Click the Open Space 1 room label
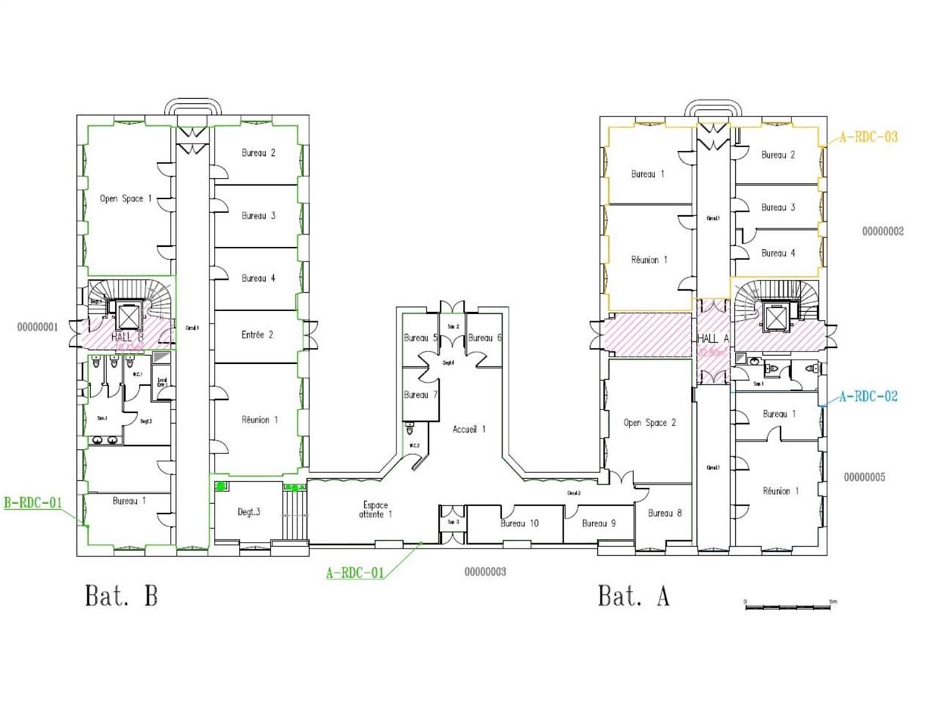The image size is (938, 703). click(126, 198)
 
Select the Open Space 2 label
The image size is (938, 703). click(649, 423)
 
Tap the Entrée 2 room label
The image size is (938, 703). click(257, 335)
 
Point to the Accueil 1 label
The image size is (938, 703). click(469, 429)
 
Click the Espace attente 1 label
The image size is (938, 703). click(375, 510)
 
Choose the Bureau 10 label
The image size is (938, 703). click(520, 523)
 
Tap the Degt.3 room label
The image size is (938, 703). click(248, 512)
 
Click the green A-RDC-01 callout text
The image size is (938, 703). click(355, 573)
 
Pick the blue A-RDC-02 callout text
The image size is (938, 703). click(868, 397)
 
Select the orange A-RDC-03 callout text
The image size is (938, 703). click(868, 137)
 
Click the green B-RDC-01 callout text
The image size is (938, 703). click(33, 503)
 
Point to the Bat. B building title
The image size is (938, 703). click(122, 595)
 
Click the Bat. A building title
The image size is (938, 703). click(633, 595)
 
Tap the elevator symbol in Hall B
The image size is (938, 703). click(128, 317)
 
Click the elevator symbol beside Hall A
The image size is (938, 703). click(775, 317)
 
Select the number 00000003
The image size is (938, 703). click(485, 572)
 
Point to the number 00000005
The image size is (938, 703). click(864, 477)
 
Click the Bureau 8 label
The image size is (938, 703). click(665, 513)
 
